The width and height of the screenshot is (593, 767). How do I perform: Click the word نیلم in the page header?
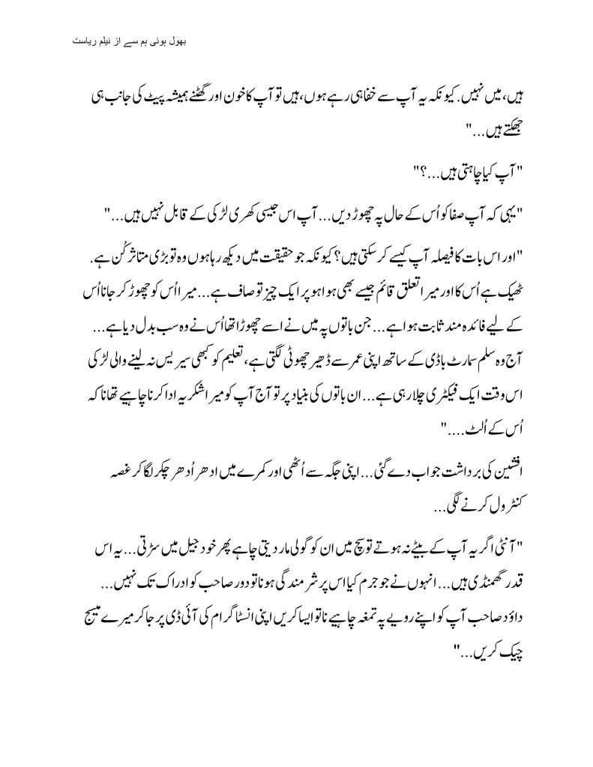tap(113, 37)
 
